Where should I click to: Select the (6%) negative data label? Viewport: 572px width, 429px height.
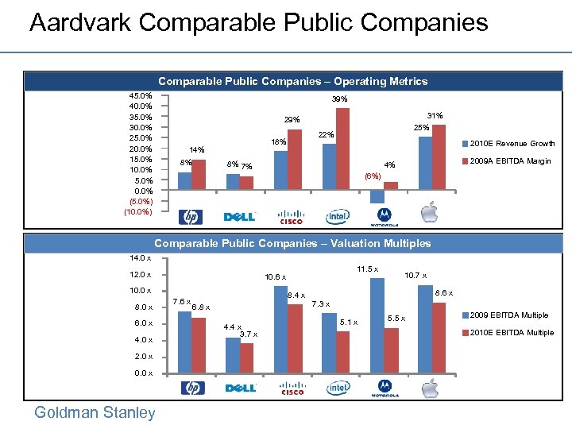pos(372,176)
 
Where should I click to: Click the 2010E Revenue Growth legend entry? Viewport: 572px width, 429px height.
pos(512,144)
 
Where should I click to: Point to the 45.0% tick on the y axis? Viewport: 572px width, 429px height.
pos(141,96)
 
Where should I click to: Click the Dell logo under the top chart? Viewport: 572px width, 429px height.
pos(239,217)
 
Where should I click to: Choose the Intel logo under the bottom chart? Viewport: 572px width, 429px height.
pos(338,388)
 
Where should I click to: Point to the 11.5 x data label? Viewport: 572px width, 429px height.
pos(366,269)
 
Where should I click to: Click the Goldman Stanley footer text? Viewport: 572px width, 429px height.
pos(95,412)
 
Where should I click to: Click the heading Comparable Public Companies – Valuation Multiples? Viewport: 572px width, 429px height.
pos(292,243)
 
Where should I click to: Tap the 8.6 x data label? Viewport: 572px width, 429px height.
pos(443,293)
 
